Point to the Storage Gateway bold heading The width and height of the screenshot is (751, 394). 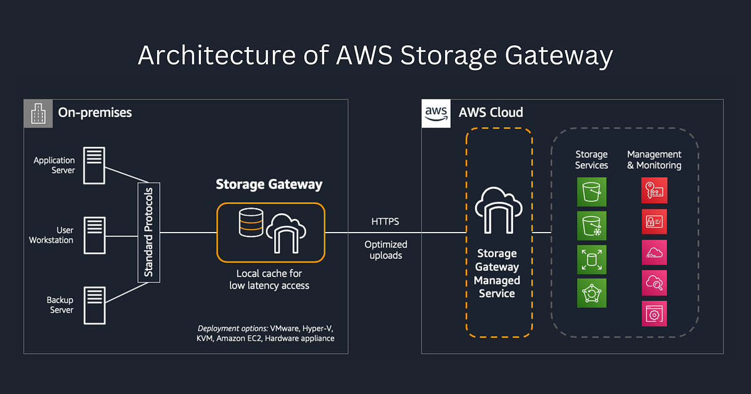point(269,184)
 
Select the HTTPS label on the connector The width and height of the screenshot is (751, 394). point(385,221)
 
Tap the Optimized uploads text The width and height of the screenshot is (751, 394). point(386,250)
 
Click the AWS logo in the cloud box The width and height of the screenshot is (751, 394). point(436,113)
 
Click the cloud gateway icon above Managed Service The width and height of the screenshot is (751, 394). point(498,210)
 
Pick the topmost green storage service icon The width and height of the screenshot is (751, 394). point(591,191)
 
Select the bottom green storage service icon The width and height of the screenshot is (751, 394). point(591,293)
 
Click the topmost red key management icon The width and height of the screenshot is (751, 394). point(654,190)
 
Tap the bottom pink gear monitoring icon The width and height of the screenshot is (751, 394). point(654,314)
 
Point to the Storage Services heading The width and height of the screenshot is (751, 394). point(591,160)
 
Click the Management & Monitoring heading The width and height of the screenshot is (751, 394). point(654,160)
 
